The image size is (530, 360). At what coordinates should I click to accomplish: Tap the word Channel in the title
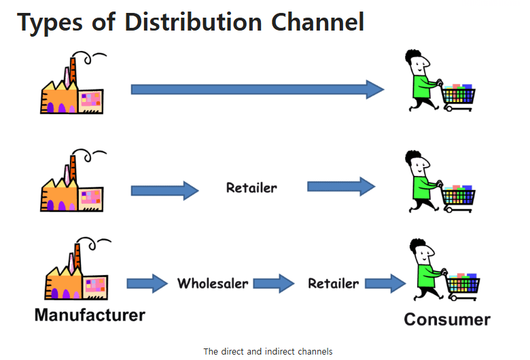pyautogui.click(x=318, y=22)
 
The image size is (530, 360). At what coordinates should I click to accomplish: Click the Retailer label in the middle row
pyautogui.click(x=251, y=187)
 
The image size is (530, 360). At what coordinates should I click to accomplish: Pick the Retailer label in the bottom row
pyautogui.click(x=333, y=283)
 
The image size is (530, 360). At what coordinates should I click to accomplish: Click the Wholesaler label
pyautogui.click(x=213, y=283)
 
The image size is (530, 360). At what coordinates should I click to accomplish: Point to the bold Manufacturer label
pyautogui.click(x=89, y=315)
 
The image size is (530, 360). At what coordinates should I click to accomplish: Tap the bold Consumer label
pyautogui.click(x=446, y=319)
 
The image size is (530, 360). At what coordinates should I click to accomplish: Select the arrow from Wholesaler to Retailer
pyautogui.click(x=274, y=283)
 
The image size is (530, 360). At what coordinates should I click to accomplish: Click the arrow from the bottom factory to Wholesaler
pyautogui.click(x=147, y=283)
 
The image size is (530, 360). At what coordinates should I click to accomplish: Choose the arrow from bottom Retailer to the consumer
pyautogui.click(x=385, y=283)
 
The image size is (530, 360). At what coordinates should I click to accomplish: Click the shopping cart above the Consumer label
pyautogui.click(x=462, y=286)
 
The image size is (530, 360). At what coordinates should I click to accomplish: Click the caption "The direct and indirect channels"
pyautogui.click(x=268, y=351)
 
